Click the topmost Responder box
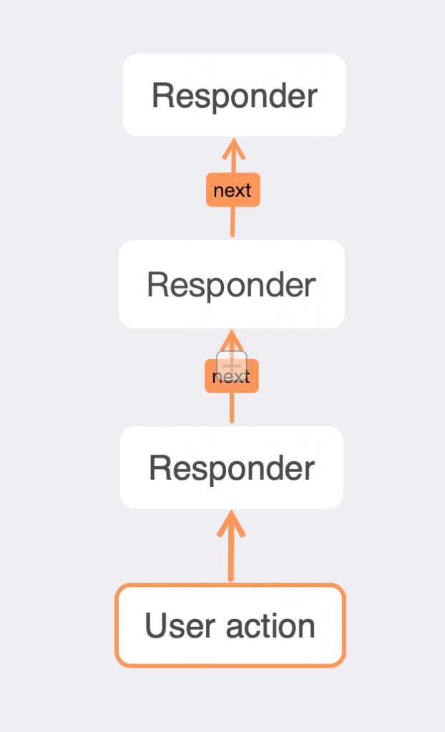(x=234, y=95)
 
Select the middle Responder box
(x=232, y=285)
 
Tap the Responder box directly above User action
(x=232, y=468)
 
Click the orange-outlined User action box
(x=230, y=625)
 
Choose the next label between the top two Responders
(x=233, y=190)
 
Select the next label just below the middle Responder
(x=231, y=376)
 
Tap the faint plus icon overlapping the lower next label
(x=232, y=365)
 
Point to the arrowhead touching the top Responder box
(x=234, y=149)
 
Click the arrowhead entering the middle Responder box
(x=232, y=340)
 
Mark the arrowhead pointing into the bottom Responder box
(x=231, y=523)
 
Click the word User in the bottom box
(x=180, y=625)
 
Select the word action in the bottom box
(x=270, y=625)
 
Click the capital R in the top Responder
(x=162, y=96)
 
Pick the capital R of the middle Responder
(x=157, y=285)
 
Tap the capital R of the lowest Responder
(x=159, y=468)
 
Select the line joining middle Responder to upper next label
(x=233, y=222)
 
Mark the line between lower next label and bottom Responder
(x=231, y=408)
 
